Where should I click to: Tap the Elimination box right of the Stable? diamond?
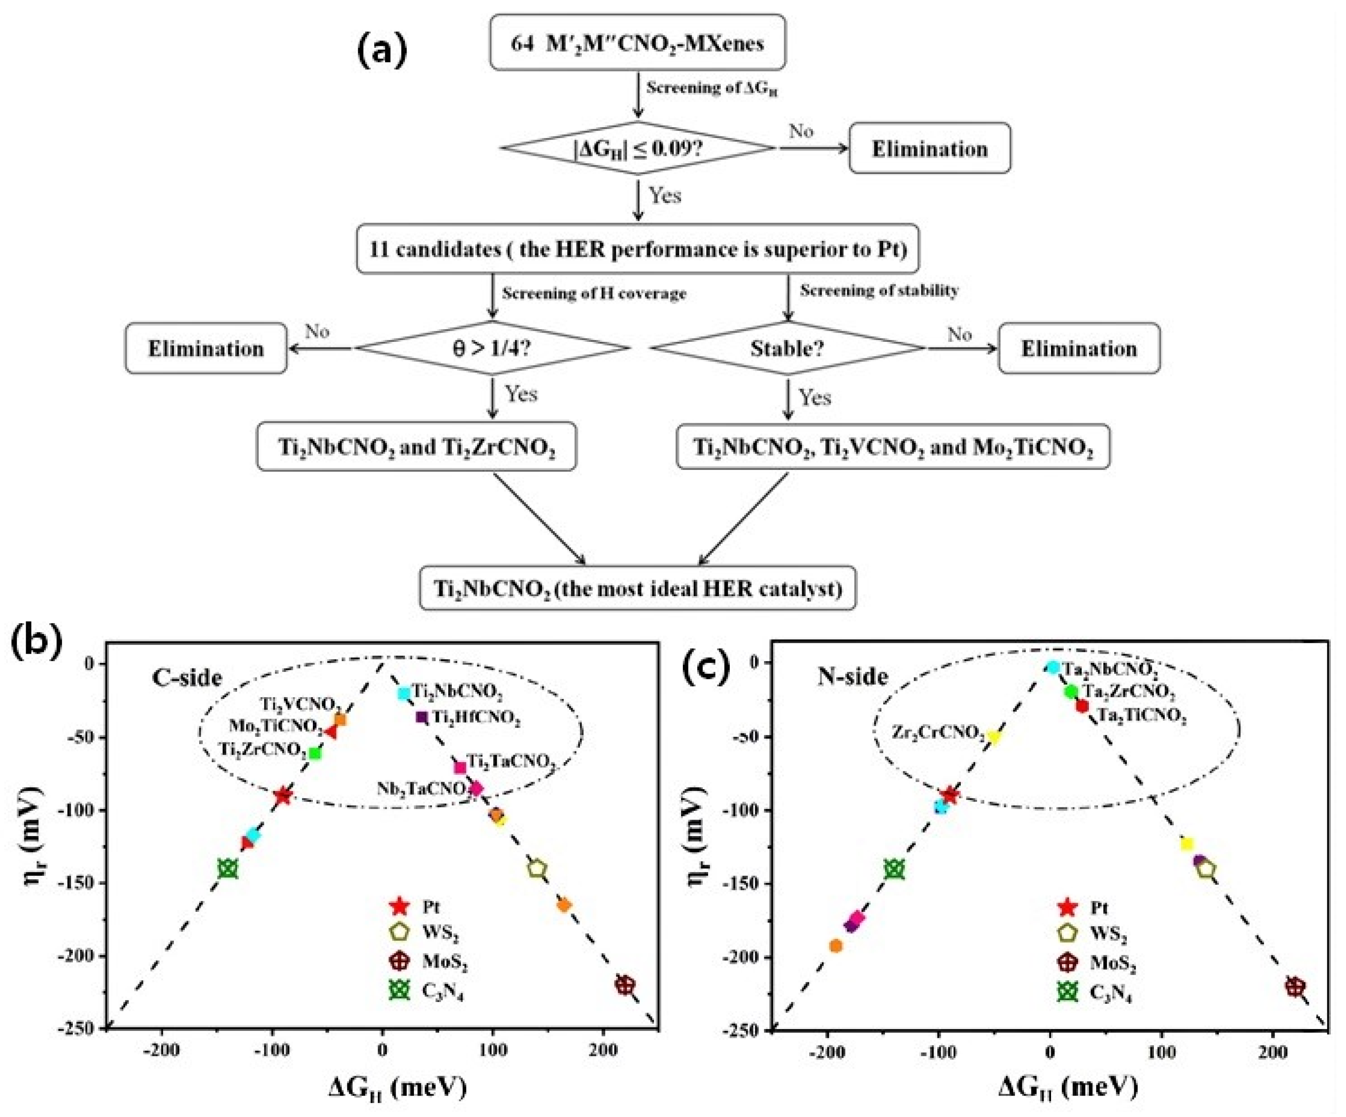[x=1079, y=348]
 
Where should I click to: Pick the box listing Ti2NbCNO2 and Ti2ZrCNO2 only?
[x=416, y=446]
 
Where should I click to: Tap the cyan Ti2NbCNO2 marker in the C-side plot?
[x=404, y=693]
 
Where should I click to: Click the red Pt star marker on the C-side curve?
[x=283, y=796]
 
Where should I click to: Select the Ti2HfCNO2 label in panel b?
[x=475, y=718]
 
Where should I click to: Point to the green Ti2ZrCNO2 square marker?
[x=315, y=753]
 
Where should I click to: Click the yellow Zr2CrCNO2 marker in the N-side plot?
[x=993, y=736]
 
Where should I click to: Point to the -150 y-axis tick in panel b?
[x=75, y=883]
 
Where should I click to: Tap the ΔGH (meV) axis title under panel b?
[x=397, y=1087]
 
